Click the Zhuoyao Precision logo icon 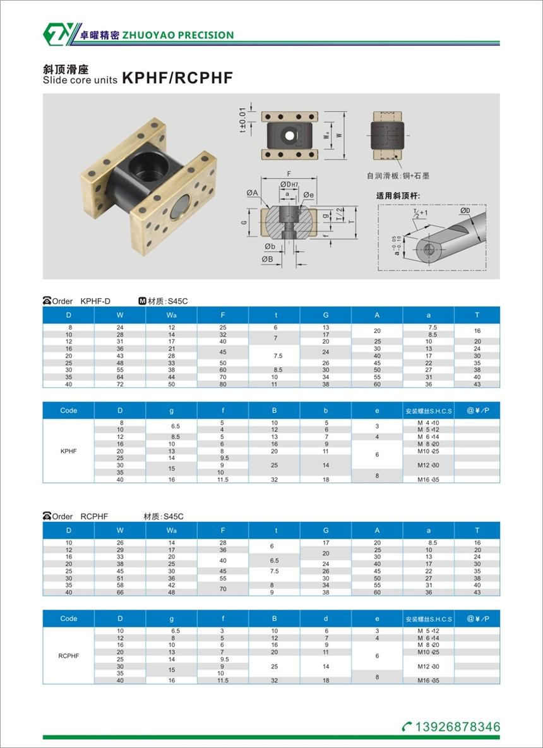(57, 34)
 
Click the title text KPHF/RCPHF (178, 78)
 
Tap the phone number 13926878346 (458, 727)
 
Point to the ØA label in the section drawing (252, 192)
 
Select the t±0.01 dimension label (242, 121)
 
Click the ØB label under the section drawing (267, 258)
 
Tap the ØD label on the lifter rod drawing (465, 211)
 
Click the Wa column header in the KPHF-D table (172, 315)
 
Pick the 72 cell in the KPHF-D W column (120, 384)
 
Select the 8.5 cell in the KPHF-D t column (274, 370)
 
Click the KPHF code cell (69, 451)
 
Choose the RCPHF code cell (69, 656)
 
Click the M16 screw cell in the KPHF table (429, 480)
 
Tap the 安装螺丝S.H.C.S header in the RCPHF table (429, 619)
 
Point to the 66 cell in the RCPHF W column (120, 593)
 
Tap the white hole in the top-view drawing (289, 135)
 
